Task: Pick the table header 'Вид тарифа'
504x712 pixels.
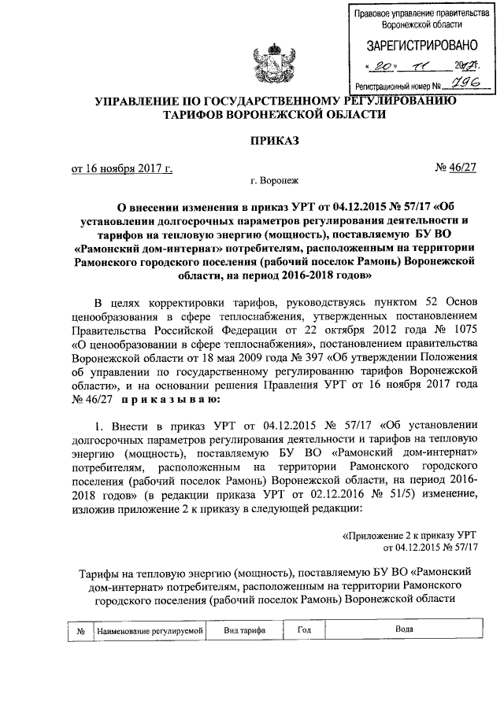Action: [244, 630]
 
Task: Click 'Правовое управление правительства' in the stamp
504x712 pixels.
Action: [417, 13]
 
